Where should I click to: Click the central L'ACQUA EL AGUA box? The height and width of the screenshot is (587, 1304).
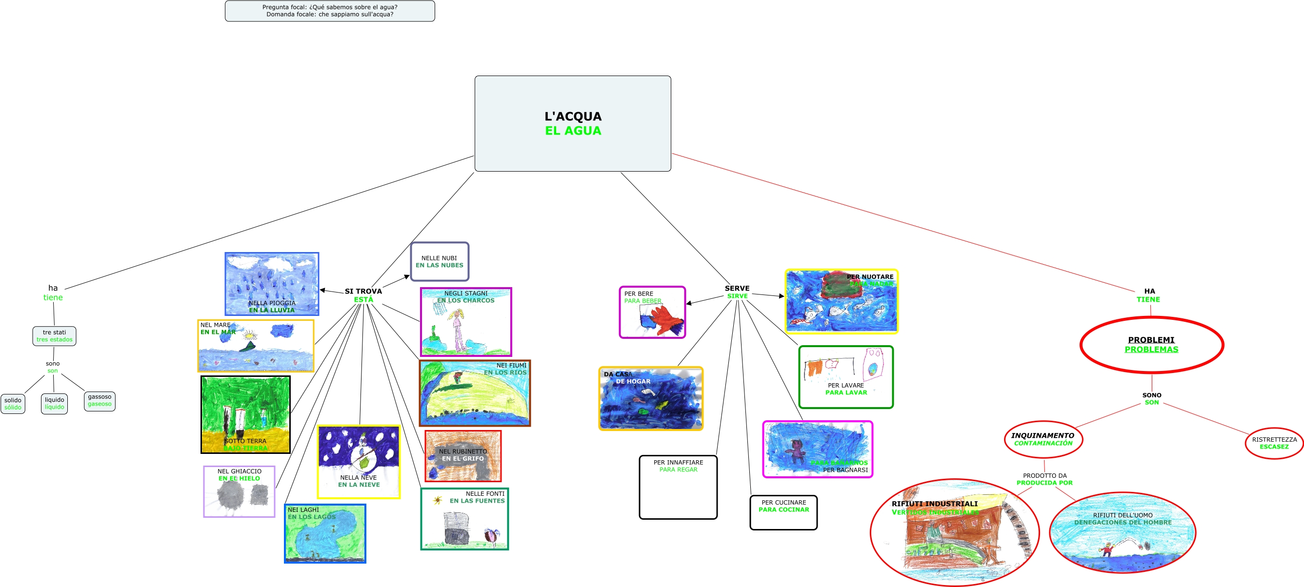(x=573, y=123)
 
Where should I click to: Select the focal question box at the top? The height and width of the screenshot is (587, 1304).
(x=330, y=11)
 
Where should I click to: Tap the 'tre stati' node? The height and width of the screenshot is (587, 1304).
(x=54, y=335)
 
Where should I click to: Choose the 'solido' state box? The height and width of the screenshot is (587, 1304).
(x=13, y=403)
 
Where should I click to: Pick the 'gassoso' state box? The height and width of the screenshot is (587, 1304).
(x=99, y=400)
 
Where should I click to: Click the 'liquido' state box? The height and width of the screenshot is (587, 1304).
(x=54, y=403)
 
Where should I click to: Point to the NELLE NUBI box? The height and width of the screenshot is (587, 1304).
(x=440, y=261)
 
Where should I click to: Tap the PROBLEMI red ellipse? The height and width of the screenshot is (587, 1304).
(x=1151, y=345)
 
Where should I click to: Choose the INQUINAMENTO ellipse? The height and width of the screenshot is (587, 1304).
(x=1043, y=439)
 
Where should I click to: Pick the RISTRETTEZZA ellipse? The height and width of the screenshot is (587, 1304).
(x=1274, y=443)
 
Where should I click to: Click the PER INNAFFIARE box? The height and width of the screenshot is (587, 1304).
(x=678, y=487)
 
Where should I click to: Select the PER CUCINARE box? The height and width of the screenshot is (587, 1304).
(x=783, y=512)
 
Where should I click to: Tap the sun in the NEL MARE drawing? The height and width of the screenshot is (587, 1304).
(x=250, y=334)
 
